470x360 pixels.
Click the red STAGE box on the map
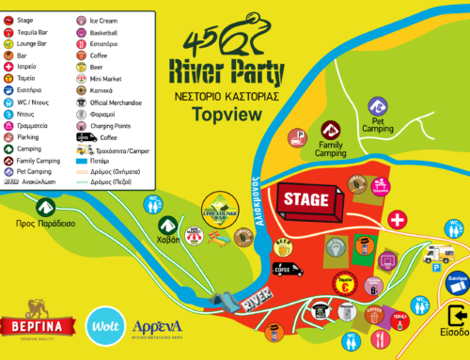tap(305, 198)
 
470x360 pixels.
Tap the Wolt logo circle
tap(105, 328)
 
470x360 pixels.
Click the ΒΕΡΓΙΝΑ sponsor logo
tap(39, 327)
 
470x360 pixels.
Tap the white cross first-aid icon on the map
tap(398, 219)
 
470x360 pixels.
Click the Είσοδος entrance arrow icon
tap(458, 314)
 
